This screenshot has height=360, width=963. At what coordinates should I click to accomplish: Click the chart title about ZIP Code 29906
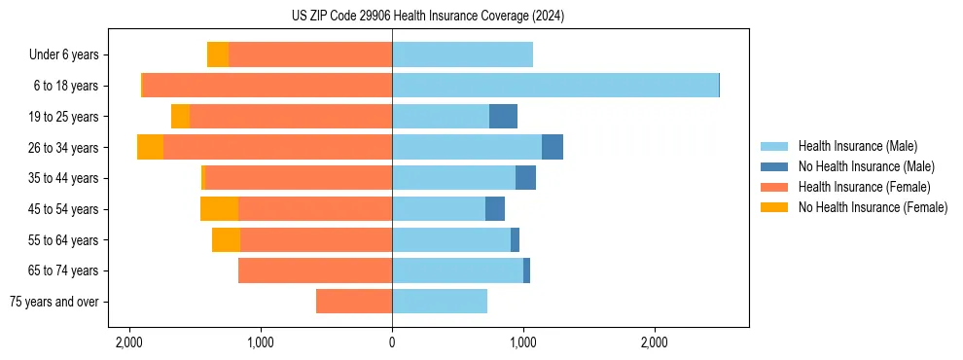pyautogui.click(x=428, y=16)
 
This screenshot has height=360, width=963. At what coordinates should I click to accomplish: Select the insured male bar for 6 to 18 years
pyautogui.click(x=554, y=86)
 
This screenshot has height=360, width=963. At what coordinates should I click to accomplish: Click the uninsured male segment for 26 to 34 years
pyautogui.click(x=552, y=147)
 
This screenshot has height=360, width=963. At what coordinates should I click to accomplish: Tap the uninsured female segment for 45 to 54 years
pyautogui.click(x=219, y=209)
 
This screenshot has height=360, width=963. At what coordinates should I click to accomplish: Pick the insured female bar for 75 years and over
pyautogui.click(x=354, y=302)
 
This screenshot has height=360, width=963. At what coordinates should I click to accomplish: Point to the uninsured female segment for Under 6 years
pyautogui.click(x=218, y=54)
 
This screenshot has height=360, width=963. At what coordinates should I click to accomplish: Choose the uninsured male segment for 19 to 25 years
pyautogui.click(x=503, y=117)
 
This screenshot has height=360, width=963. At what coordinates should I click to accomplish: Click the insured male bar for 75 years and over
pyautogui.click(x=440, y=302)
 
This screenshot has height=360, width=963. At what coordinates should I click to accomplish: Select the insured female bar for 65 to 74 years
pyautogui.click(x=315, y=270)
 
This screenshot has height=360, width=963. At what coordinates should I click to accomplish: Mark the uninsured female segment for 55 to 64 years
pyautogui.click(x=226, y=239)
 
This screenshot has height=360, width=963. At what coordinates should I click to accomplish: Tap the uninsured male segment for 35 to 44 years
pyautogui.click(x=525, y=178)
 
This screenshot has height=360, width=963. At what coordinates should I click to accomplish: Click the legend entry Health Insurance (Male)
pyautogui.click(x=857, y=146)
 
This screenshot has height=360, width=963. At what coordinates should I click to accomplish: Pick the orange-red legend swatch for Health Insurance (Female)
pyautogui.click(x=774, y=187)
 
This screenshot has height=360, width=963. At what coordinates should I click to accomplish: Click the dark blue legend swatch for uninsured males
pyautogui.click(x=774, y=166)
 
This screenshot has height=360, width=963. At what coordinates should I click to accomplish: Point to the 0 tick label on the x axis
pyautogui.click(x=392, y=342)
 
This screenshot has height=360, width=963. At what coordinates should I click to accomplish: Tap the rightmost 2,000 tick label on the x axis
pyautogui.click(x=655, y=342)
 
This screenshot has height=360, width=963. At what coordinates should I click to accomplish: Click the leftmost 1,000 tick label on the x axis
pyautogui.click(x=261, y=342)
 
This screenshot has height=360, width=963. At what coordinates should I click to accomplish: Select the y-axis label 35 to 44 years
pyautogui.click(x=63, y=178)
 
